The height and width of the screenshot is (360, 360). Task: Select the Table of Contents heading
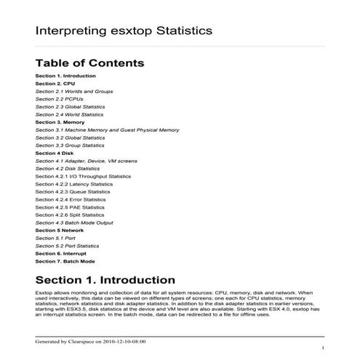pyautogui.click(x=89, y=63)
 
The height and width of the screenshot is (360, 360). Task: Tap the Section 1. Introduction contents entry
pyautogui.click(x=65, y=76)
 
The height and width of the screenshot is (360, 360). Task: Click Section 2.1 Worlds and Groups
pyautogui.click(x=71, y=91)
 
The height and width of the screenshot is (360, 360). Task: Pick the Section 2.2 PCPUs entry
pyautogui.click(x=60, y=99)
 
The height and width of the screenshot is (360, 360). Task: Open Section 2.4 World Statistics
pyautogui.click(x=70, y=114)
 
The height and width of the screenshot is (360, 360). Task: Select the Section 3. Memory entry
pyautogui.click(x=60, y=122)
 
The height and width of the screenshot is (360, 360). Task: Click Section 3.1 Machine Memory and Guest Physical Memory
pyautogui.click(x=107, y=129)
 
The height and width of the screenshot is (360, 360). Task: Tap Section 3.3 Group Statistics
pyautogui.click(x=70, y=145)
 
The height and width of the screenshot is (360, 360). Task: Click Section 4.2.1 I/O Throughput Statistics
pyautogui.click(x=83, y=176)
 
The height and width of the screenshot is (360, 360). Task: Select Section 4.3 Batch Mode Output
pyautogui.click(x=74, y=222)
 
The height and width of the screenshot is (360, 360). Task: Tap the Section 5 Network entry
pyautogui.click(x=60, y=230)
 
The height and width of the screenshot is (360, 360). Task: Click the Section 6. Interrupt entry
pyautogui.click(x=63, y=253)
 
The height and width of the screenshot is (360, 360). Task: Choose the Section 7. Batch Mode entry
pyautogui.click(x=65, y=260)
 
